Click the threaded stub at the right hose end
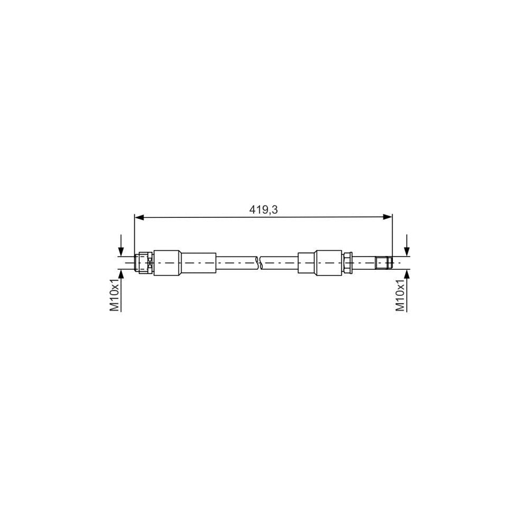(384, 263)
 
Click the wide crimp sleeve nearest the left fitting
(167, 263)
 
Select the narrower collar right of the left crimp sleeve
(198, 263)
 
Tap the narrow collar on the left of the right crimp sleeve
(306, 263)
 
